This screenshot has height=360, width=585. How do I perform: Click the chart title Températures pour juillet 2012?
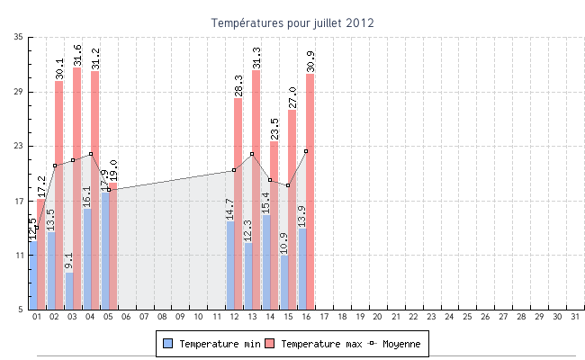tap(292, 22)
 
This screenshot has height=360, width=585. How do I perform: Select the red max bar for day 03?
tap(77, 189)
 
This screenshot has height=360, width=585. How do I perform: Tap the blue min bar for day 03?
tap(69, 291)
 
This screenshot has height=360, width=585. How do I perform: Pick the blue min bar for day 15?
tap(284, 283)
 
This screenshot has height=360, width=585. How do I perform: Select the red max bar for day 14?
tap(274, 225)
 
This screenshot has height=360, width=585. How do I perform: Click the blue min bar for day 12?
tap(230, 265)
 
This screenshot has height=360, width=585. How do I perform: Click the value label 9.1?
tap(69, 261)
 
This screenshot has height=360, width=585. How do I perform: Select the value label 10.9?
tap(284, 243)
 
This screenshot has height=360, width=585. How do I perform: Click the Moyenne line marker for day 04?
tap(91, 154)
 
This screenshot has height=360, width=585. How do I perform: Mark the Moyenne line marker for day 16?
tap(306, 151)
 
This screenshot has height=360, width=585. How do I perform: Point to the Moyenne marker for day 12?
tap(234, 170)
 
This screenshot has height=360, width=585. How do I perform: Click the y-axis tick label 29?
tap(19, 92)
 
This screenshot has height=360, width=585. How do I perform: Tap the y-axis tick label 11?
tap(19, 256)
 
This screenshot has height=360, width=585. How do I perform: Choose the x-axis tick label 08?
tap(162, 317)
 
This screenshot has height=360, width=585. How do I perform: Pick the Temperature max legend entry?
tap(315, 344)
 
